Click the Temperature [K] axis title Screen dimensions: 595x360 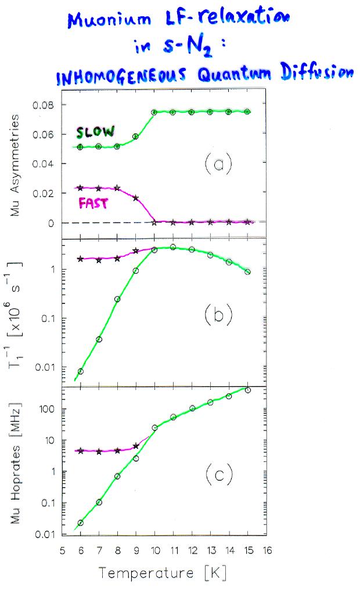pyautogui.click(x=163, y=574)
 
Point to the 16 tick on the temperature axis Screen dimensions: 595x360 pyautogui.click(x=267, y=549)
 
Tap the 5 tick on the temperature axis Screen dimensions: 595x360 pyautogui.click(x=62, y=549)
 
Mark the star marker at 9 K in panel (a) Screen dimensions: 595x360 pyautogui.click(x=136, y=198)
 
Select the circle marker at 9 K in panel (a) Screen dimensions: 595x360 pyautogui.click(x=136, y=137)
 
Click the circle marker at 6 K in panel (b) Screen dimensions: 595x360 pyautogui.click(x=81, y=371)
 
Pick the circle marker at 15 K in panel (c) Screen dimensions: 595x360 pyautogui.click(x=248, y=390)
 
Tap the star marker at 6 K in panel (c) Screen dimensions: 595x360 pyautogui.click(x=81, y=451)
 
